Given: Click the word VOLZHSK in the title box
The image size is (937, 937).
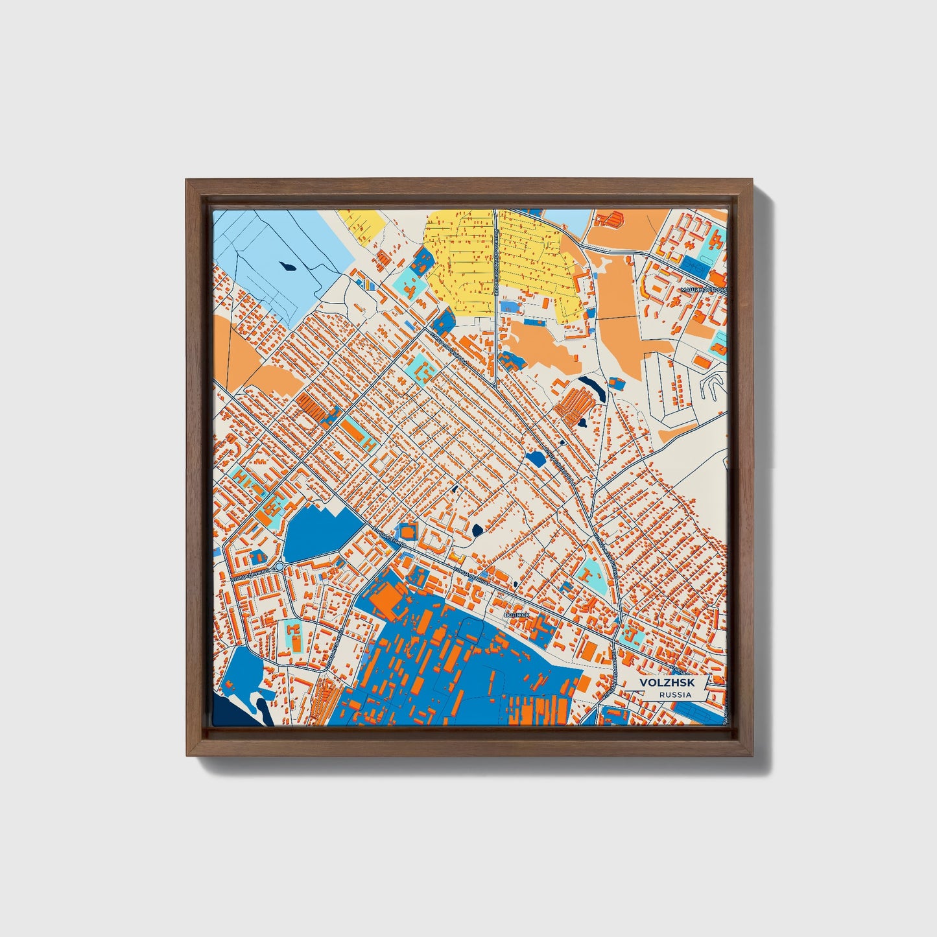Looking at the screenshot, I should pyautogui.click(x=662, y=683).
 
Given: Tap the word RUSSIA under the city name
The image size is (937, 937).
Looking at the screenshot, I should pyautogui.click(x=674, y=694).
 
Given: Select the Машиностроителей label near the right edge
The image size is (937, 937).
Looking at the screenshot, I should pyautogui.click(x=704, y=291).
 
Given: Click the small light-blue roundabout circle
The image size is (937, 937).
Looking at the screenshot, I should pyautogui.click(x=279, y=567).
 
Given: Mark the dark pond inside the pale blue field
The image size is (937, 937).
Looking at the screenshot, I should pyautogui.click(x=286, y=265).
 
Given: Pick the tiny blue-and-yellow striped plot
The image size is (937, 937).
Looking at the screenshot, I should pyautogui.click(x=366, y=284).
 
